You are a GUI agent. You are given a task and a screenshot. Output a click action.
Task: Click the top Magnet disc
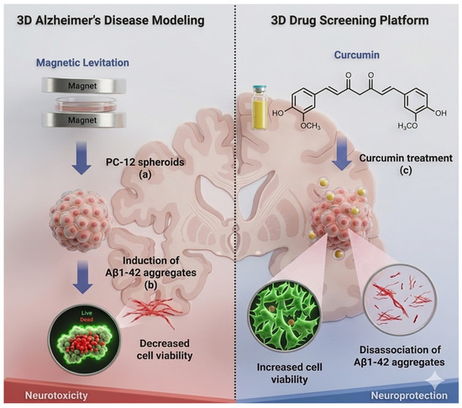84,86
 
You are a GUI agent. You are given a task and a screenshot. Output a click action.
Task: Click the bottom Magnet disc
84,120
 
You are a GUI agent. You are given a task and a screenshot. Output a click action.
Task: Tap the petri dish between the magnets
84,103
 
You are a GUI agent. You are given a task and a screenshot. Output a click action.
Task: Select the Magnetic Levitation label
82,62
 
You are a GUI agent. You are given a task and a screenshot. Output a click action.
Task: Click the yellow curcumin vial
260,108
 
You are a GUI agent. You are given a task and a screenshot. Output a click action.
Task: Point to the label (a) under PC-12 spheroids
145,174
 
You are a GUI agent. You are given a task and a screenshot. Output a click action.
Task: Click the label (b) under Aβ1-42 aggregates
150,284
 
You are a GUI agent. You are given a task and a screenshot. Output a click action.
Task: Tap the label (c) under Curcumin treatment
406,170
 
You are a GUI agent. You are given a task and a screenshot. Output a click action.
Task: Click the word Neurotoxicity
56,395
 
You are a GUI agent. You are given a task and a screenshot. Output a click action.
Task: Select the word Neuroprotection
409,395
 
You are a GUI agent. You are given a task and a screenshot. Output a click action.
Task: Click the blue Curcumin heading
356,55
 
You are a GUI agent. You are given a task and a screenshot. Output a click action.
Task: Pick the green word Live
87,314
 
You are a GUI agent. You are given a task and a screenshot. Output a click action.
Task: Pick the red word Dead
87,320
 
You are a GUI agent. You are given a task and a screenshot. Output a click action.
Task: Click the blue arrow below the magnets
81,157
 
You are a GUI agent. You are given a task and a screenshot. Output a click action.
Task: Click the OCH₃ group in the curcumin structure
310,126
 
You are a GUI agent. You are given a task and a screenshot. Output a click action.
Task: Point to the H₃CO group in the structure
407,126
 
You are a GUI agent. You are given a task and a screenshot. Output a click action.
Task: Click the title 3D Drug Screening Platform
349,20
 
